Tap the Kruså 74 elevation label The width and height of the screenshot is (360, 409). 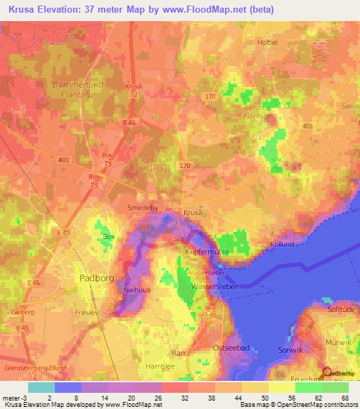[132, 91]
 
